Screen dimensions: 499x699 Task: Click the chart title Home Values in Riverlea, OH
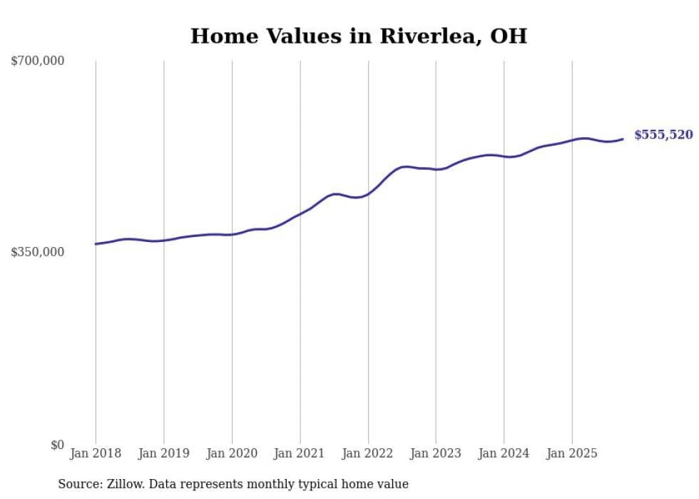[358, 36]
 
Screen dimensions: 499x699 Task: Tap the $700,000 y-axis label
[38, 61]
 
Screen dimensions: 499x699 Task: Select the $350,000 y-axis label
[38, 252]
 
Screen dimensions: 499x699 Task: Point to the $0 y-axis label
[57, 445]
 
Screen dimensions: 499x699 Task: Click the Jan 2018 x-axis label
[96, 453]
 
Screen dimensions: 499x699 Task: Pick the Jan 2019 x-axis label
[164, 453]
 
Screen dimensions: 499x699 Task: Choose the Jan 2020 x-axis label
[232, 453]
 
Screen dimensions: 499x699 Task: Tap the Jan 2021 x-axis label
[300, 453]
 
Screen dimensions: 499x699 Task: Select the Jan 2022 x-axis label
[368, 453]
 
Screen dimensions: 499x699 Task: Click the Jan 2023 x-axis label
[436, 453]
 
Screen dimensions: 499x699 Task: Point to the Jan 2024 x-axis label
[504, 453]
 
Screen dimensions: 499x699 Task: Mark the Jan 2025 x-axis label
[571, 453]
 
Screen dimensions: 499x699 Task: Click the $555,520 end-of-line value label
[663, 135]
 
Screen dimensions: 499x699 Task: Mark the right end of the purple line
[623, 139]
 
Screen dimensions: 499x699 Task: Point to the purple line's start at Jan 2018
[96, 244]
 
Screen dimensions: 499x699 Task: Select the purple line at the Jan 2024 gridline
[504, 156]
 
